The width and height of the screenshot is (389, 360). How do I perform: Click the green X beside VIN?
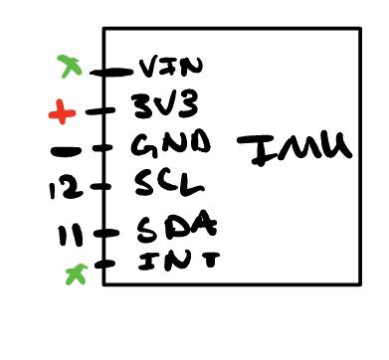pyautogui.click(x=69, y=66)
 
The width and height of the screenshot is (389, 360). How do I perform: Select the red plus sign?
pyautogui.click(x=62, y=114)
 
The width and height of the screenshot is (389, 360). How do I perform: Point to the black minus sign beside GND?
pyautogui.click(x=66, y=153)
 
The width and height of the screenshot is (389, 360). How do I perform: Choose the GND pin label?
pyautogui.click(x=170, y=145)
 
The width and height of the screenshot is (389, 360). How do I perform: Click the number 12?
pyautogui.click(x=64, y=186)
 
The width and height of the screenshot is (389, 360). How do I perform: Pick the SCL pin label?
pyautogui.click(x=168, y=184)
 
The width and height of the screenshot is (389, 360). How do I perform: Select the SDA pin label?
pyautogui.click(x=173, y=228)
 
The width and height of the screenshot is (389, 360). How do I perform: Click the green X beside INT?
pyautogui.click(x=75, y=270)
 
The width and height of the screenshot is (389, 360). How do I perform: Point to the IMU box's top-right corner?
pyautogui.click(x=359, y=30)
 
